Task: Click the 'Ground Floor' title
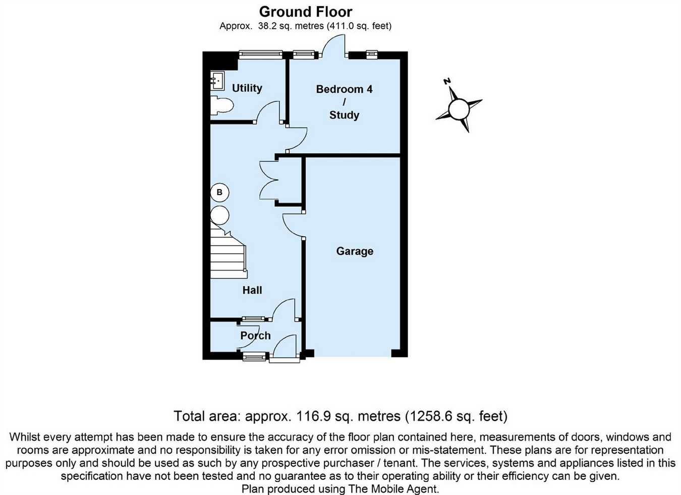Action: [305, 11]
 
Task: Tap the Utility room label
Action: [247, 88]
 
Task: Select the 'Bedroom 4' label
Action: [344, 89]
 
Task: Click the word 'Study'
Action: [344, 115]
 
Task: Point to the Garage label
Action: [355, 251]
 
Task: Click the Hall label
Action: [252, 290]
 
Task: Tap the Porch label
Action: [255, 336]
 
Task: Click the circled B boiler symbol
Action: [219, 192]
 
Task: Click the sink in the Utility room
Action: [217, 80]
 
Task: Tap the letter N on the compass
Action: [446, 82]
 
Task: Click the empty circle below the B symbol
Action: [219, 215]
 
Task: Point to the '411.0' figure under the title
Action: [339, 26]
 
